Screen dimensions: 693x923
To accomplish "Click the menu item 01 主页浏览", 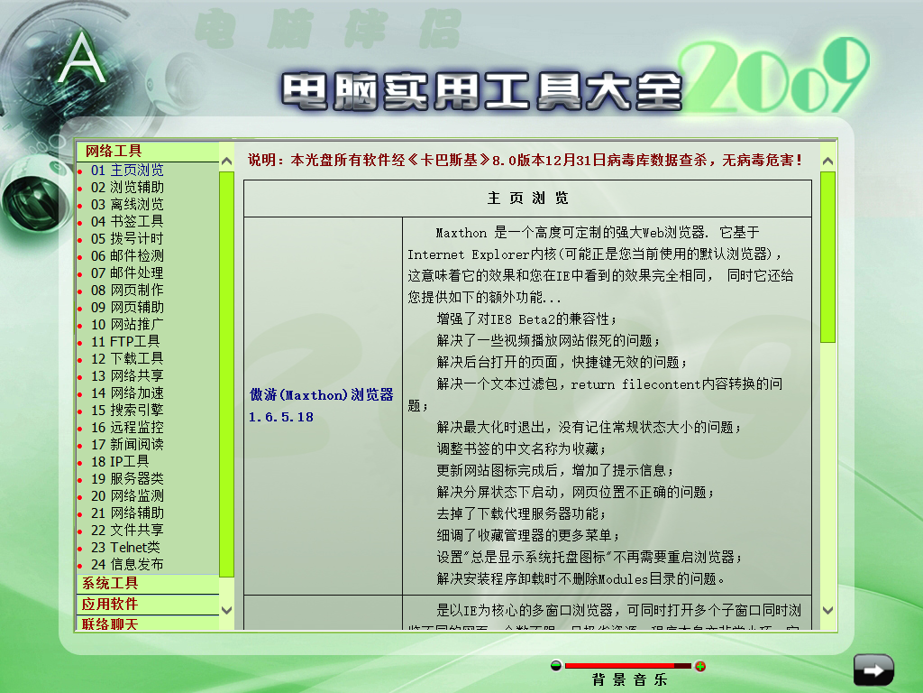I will pos(127,170).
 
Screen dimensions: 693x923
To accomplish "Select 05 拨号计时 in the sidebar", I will pos(127,238).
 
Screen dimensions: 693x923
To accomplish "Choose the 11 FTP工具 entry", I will pos(125,341).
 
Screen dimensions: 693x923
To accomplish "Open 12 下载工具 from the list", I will pos(127,358).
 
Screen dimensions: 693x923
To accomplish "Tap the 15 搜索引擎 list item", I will pos(127,410).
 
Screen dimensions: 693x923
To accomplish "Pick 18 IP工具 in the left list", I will pos(120,461).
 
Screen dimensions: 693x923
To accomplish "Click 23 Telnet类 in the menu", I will pos(125,547).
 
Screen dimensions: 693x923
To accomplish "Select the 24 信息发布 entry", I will pos(127,564).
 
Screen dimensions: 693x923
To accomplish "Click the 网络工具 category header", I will pos(114,151).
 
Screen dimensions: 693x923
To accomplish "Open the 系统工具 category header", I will pos(110,584).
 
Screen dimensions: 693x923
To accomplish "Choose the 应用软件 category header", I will pos(110,604).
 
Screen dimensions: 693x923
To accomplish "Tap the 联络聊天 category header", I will pos(110,623).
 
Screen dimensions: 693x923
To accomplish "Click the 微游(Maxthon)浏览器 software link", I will pos(322,395).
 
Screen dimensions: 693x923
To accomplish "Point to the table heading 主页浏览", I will pos(527,199).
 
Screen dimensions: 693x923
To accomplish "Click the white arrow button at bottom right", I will pos(873,670).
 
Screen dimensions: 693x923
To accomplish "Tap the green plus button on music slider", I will pos(700,667).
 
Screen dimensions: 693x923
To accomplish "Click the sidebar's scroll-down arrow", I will pos(226,610).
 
